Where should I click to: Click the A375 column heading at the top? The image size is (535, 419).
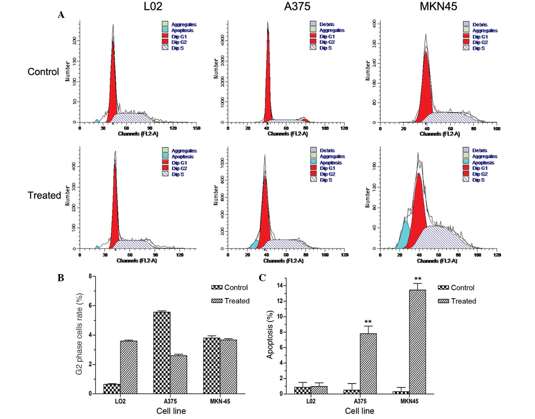click(297, 6)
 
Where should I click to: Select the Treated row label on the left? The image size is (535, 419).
click(44, 195)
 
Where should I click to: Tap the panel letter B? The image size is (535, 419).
click(61, 278)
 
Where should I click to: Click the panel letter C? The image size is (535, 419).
click(262, 278)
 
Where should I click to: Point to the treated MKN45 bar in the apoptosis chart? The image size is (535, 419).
click(417, 342)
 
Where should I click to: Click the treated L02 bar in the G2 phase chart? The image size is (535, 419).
click(129, 367)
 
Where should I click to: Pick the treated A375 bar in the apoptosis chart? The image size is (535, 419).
click(368, 363)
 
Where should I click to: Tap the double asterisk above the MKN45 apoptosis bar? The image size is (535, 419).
click(418, 279)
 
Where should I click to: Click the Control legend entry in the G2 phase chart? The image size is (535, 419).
click(230, 287)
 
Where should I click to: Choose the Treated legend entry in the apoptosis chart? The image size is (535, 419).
click(457, 301)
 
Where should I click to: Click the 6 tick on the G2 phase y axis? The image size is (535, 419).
click(90, 306)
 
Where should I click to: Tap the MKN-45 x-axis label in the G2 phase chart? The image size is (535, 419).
click(220, 401)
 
